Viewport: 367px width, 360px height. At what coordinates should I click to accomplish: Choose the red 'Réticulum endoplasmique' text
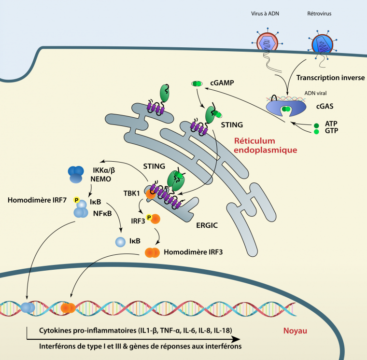[265, 145]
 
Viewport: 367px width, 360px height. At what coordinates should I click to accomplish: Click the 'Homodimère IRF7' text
[37, 199]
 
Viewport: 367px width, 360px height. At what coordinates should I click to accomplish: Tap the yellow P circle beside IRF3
[150, 217]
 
